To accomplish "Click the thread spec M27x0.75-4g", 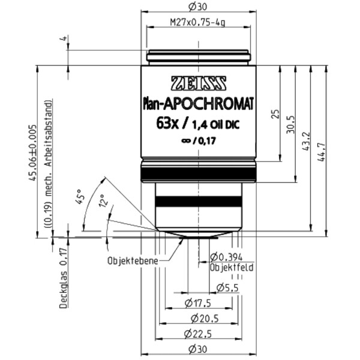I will pyautogui.click(x=197, y=25).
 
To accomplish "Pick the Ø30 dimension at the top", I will pyautogui.click(x=197, y=7).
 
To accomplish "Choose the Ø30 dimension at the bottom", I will pyautogui.click(x=197, y=350).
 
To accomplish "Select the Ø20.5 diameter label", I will pyautogui.click(x=197, y=318).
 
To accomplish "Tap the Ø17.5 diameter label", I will pyautogui.click(x=197, y=302).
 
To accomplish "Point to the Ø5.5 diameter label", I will pyautogui.click(x=227, y=288).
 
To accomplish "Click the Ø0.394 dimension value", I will pyautogui.click(x=227, y=257).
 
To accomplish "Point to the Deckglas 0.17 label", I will pyautogui.click(x=62, y=282).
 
